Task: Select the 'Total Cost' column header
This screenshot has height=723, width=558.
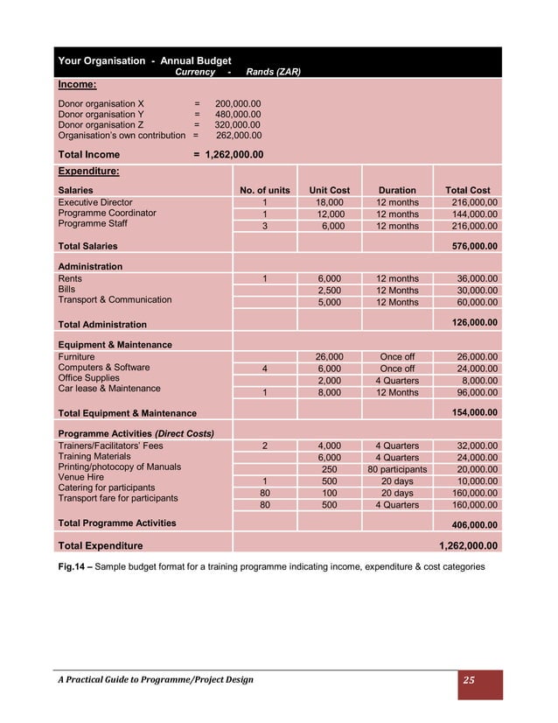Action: (467, 190)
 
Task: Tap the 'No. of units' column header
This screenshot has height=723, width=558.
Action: (264, 190)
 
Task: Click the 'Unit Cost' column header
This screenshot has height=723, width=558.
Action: (329, 190)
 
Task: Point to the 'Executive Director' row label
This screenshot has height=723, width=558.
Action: (95, 202)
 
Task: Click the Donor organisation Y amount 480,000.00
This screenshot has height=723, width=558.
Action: (237, 114)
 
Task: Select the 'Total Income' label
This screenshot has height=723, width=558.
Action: (89, 155)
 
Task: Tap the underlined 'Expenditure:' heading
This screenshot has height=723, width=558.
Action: (88, 172)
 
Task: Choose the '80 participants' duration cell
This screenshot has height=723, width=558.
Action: (397, 469)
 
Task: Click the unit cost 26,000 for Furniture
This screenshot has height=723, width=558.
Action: (329, 357)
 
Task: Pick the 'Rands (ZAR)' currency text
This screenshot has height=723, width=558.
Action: (273, 73)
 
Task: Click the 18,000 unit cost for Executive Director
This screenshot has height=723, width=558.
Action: (329, 203)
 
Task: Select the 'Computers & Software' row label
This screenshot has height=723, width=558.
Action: (103, 368)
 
